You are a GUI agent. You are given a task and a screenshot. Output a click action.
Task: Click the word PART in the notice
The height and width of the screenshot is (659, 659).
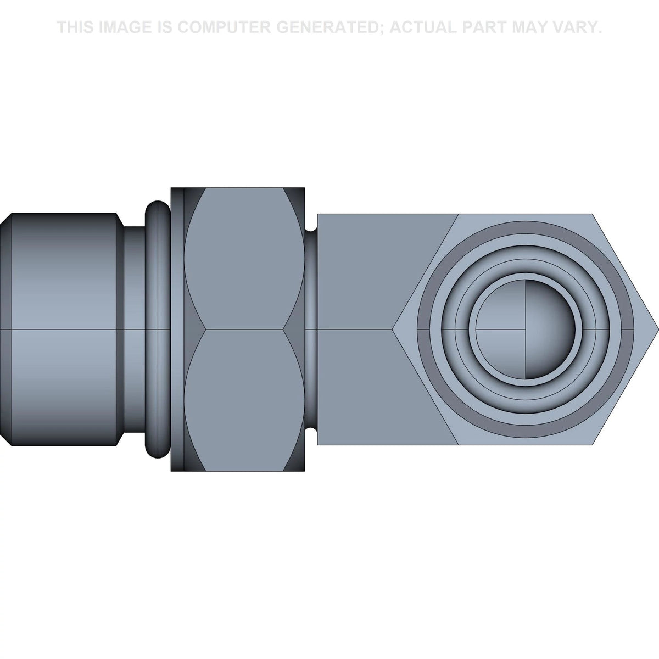pos(486,27)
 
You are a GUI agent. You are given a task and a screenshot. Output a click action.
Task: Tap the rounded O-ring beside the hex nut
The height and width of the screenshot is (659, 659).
pos(157,329)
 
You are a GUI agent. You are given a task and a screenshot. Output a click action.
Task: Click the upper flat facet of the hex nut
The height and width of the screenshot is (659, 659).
pos(244,258)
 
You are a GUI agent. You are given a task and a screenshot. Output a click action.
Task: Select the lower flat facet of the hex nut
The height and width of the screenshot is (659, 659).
pos(244,400)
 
